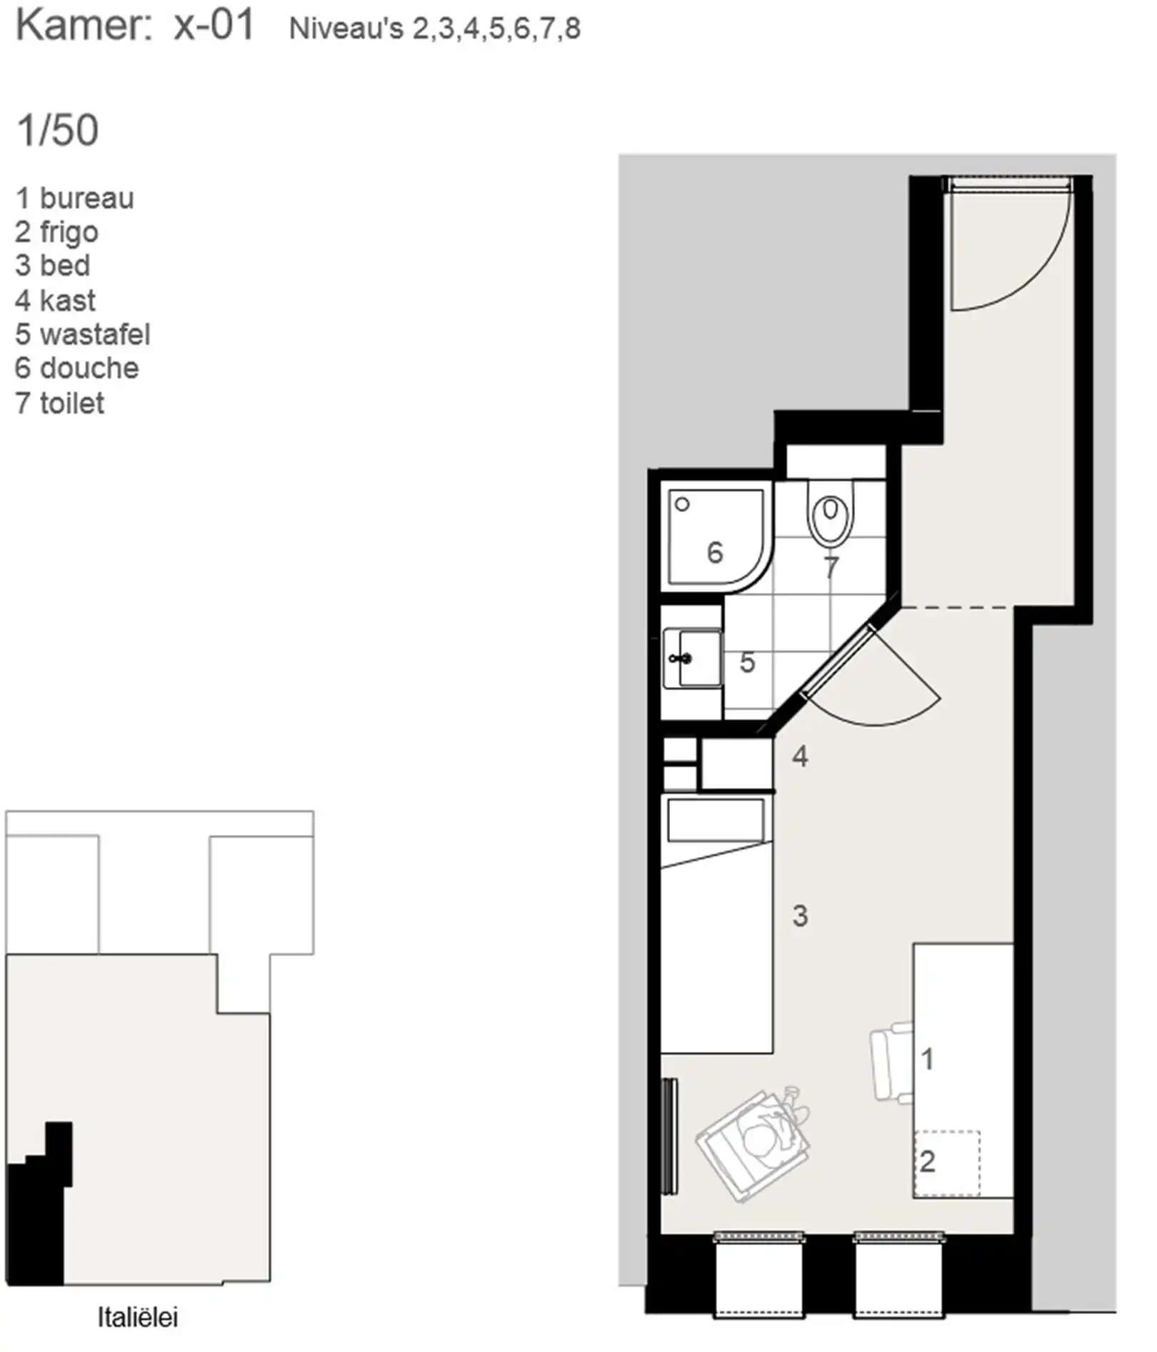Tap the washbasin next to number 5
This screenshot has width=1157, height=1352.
tap(692, 658)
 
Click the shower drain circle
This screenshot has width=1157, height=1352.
tap(682, 504)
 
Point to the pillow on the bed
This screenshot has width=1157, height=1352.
tap(716, 820)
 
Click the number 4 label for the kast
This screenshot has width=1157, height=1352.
tap(800, 756)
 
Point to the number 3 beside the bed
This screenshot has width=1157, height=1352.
tap(800, 916)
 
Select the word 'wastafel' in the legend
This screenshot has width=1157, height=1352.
tap(95, 334)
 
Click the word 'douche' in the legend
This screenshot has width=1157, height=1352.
tap(89, 369)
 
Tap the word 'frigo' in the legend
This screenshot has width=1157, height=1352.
tap(69, 233)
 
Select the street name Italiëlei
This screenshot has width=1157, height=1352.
tap(138, 1317)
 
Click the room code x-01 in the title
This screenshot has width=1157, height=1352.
tap(214, 26)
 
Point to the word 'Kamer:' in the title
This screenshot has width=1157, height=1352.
tap(84, 26)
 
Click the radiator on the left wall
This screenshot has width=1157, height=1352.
tap(669, 1136)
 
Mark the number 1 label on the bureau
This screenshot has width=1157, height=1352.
tap(928, 1059)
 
